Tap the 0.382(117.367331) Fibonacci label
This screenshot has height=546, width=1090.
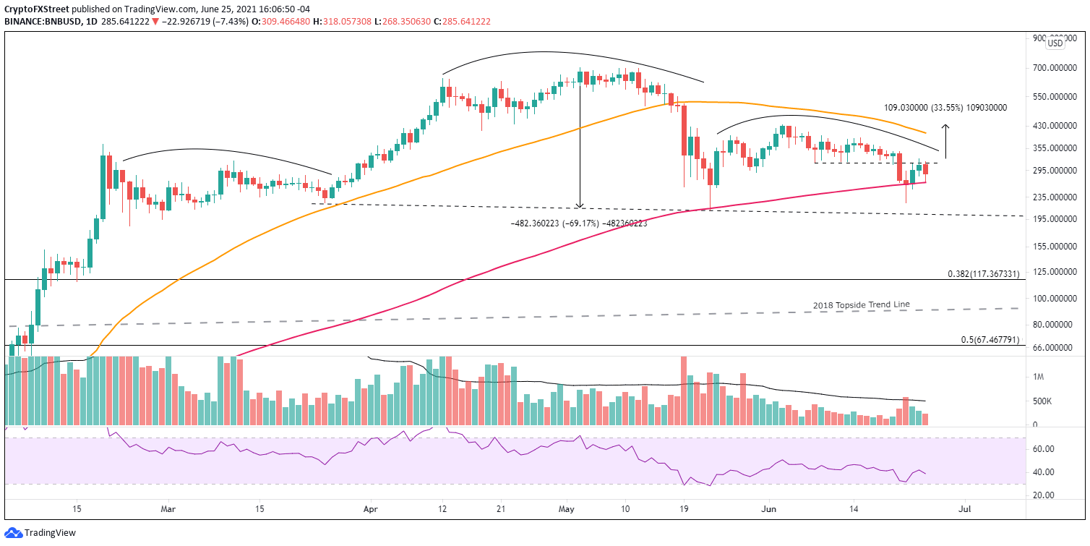coord(983,275)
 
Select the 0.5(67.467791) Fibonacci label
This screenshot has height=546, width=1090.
coord(990,340)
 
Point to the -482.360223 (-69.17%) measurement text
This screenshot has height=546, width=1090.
coord(578,223)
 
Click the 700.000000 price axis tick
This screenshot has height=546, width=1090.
coord(1055,68)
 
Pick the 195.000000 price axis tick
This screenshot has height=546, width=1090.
coord(1055,219)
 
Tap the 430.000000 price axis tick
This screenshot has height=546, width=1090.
coord(1055,126)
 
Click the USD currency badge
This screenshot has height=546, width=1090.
coord(1055,43)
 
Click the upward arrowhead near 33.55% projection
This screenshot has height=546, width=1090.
coord(945,127)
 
